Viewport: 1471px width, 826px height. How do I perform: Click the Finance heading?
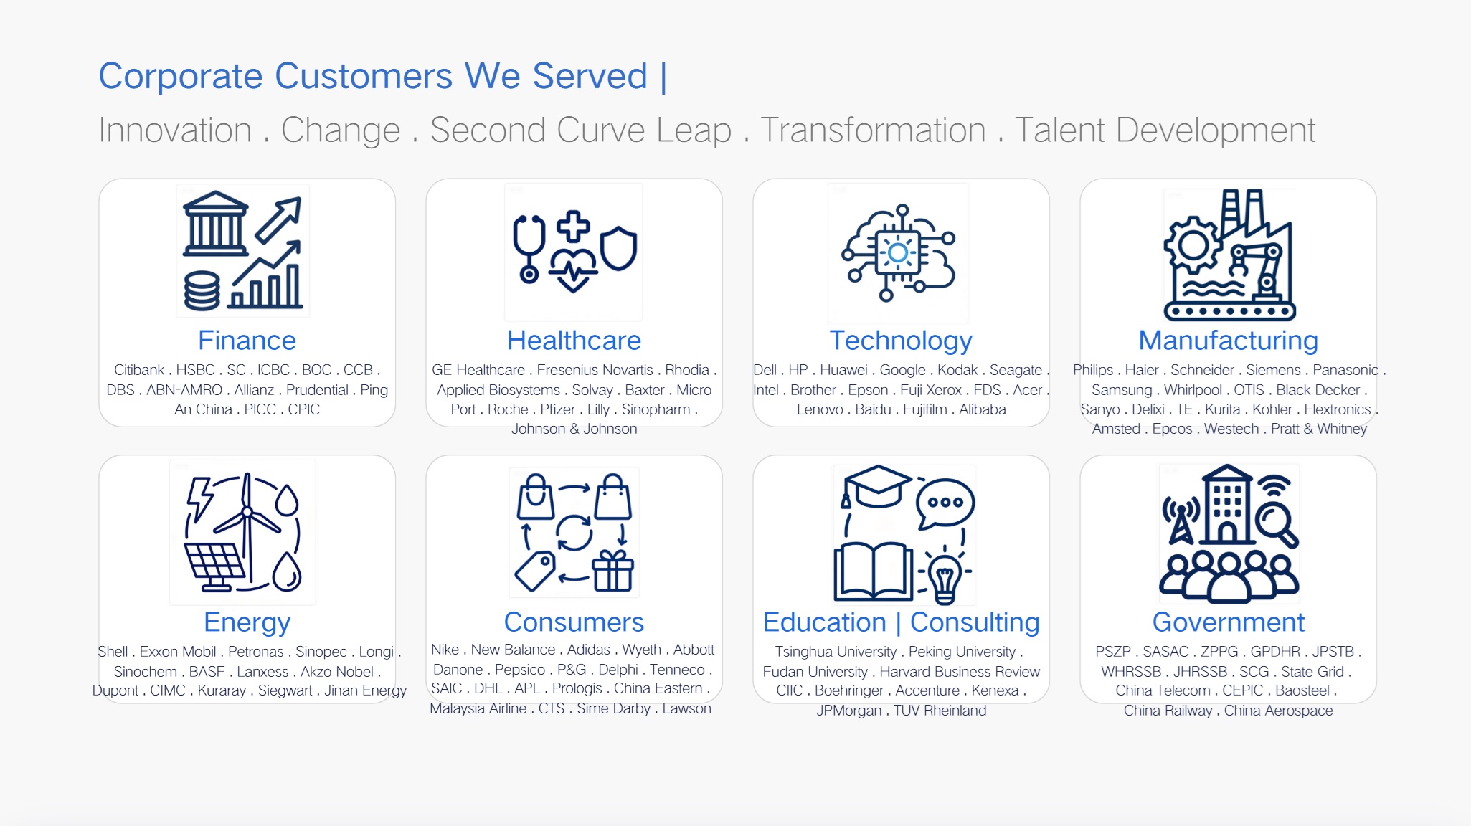click(247, 341)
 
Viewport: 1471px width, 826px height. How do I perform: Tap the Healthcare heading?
click(574, 341)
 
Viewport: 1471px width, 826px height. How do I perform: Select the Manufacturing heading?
click(1228, 341)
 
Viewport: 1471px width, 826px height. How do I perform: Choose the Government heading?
click(1228, 622)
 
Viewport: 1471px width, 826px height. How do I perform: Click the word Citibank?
click(139, 370)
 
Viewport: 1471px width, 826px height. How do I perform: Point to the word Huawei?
click(844, 370)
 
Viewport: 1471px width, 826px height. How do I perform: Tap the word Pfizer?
click(558, 409)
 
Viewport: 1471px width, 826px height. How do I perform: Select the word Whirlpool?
click(1193, 390)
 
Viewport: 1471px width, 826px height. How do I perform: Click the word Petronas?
click(256, 652)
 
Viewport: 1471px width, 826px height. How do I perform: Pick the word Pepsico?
click(520, 670)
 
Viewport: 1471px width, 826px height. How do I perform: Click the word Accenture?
click(927, 690)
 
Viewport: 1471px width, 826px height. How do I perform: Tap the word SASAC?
click(1165, 652)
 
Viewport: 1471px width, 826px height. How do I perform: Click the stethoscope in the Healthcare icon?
click(529, 248)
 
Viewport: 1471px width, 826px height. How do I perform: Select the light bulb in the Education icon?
click(945, 578)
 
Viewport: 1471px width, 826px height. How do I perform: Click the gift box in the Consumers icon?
click(612, 571)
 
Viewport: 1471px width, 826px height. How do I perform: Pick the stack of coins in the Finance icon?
click(202, 290)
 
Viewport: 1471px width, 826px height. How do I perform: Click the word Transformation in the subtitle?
click(873, 130)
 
